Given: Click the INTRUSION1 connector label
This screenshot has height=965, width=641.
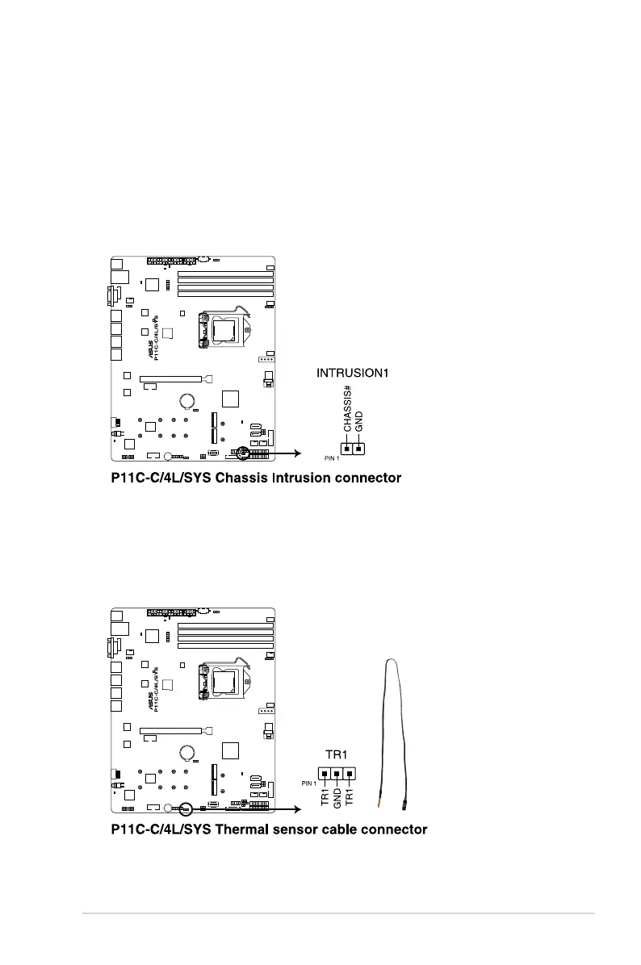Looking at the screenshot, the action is point(353,374).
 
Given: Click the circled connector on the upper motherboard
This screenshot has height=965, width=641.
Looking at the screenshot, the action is point(241,454).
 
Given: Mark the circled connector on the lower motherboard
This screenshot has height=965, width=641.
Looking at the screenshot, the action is point(184,807).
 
